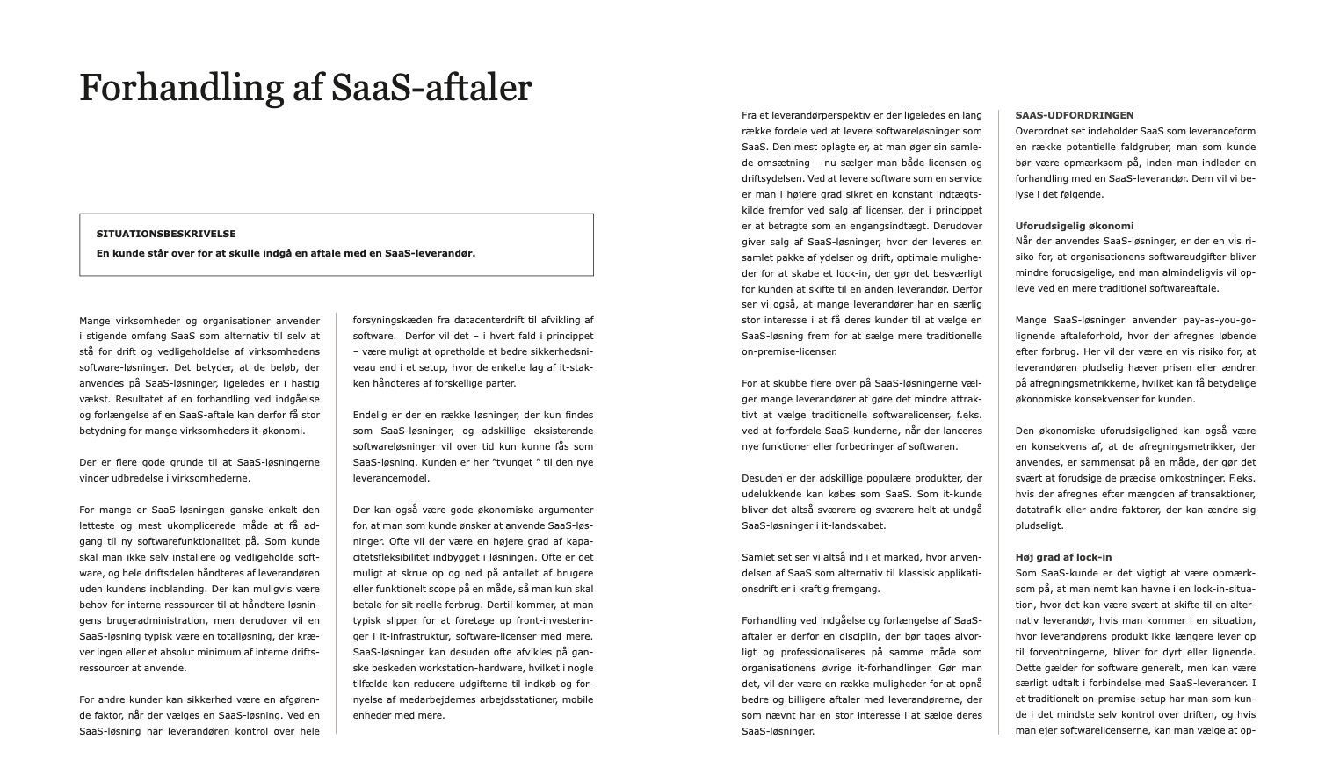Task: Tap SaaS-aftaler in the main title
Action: [x=432, y=89]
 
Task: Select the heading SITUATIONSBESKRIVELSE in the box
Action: [x=166, y=234]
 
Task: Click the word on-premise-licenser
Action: [x=789, y=351]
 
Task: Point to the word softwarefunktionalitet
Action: [x=178, y=541]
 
